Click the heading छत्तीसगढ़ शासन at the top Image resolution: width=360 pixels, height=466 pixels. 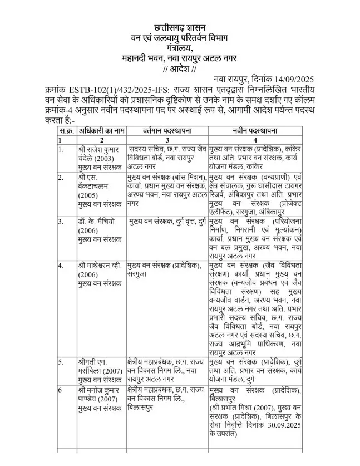click(179, 28)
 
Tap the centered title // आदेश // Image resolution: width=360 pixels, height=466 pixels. click(179, 69)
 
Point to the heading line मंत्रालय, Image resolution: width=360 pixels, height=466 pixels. click(179, 48)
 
